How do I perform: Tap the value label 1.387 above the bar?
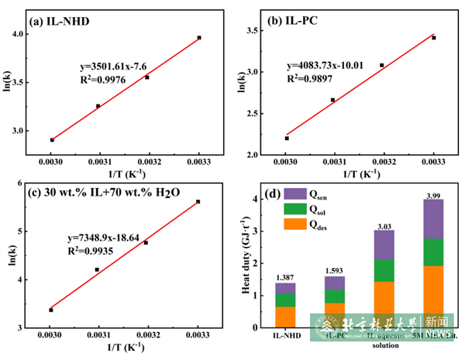coord(284,277)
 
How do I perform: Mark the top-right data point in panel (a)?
coord(199,37)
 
